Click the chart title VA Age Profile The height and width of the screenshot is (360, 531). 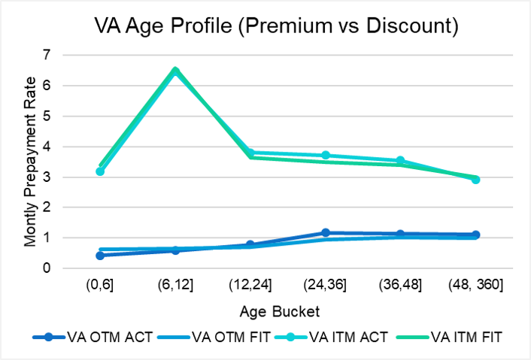[x=276, y=26]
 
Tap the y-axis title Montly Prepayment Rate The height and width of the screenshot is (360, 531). [x=30, y=162]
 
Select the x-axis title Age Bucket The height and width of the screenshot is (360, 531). [x=280, y=312]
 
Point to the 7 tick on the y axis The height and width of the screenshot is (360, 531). [x=47, y=55]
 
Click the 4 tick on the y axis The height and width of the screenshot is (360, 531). [x=47, y=147]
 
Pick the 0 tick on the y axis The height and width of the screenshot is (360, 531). [x=47, y=268]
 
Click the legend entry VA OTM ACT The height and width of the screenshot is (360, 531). [x=93, y=337]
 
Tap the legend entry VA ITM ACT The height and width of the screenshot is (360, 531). [x=331, y=337]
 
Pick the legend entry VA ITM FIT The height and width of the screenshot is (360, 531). [x=446, y=337]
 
